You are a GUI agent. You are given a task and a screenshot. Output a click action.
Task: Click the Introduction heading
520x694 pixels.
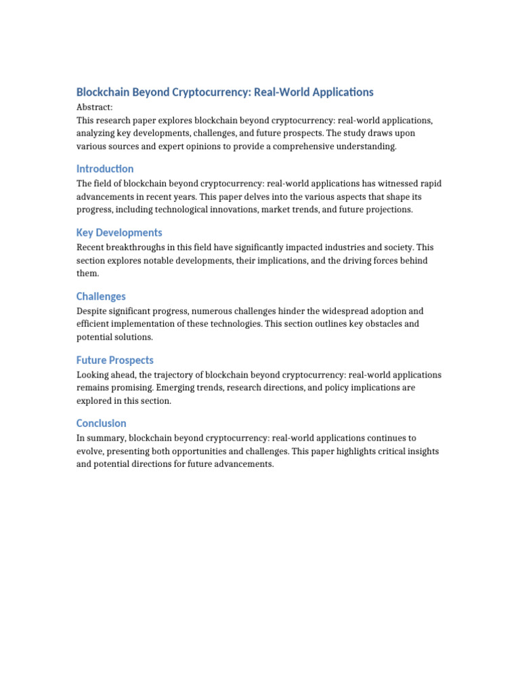pyautogui.click(x=105, y=169)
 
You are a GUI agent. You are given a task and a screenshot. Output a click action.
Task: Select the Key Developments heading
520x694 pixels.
pyautogui.click(x=119, y=232)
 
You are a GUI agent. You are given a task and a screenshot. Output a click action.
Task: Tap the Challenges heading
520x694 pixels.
pyautogui.click(x=101, y=296)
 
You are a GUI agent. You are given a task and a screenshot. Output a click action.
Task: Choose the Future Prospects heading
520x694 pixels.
pyautogui.click(x=115, y=360)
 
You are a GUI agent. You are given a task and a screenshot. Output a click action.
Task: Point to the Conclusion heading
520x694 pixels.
pyautogui.click(x=102, y=424)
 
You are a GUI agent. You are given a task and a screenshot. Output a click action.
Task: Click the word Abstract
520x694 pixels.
pyautogui.click(x=94, y=107)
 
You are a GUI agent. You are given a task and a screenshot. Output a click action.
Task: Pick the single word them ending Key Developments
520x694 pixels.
pyautogui.click(x=88, y=274)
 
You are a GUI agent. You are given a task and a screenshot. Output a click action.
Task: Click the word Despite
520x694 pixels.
pyautogui.click(x=93, y=311)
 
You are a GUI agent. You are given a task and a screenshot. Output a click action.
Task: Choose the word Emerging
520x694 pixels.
pyautogui.click(x=177, y=388)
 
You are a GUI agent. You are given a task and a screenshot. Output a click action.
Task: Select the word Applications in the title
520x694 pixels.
pyautogui.click(x=342, y=92)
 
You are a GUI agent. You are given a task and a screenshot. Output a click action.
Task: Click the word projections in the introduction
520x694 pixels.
pyautogui.click(x=388, y=210)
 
